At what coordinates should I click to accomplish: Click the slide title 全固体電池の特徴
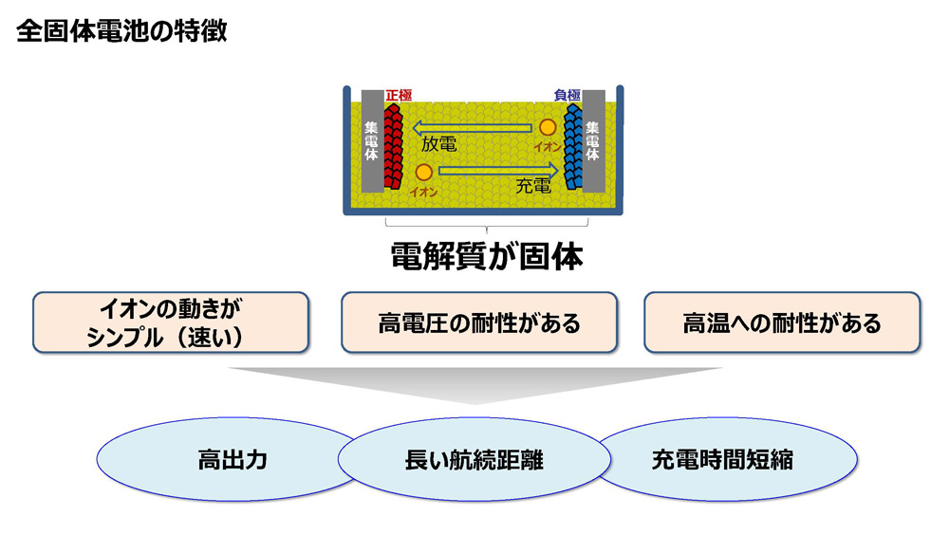tap(121, 31)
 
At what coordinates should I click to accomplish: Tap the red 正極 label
tap(399, 95)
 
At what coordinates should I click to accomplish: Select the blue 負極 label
tap(568, 95)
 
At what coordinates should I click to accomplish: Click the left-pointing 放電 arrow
tap(472, 128)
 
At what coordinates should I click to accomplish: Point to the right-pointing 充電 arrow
tap(498, 171)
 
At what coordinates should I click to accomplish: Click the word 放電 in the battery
tap(438, 144)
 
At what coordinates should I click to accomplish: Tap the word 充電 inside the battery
tap(533, 186)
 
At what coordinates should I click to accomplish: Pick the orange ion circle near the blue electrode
tap(548, 128)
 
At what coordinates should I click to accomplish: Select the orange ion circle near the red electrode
tap(423, 173)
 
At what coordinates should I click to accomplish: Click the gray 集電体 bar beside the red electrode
tap(372, 141)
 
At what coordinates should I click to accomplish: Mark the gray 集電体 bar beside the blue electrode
tap(594, 141)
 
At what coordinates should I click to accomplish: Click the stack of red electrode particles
tap(394, 146)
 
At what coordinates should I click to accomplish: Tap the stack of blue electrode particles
tap(573, 146)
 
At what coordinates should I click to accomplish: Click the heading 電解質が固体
tap(487, 256)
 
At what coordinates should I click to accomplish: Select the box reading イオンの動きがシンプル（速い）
tap(171, 322)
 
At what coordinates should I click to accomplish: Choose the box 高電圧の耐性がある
tap(479, 322)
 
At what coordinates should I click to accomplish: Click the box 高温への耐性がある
tap(782, 322)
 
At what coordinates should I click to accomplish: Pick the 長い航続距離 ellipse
tap(474, 460)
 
